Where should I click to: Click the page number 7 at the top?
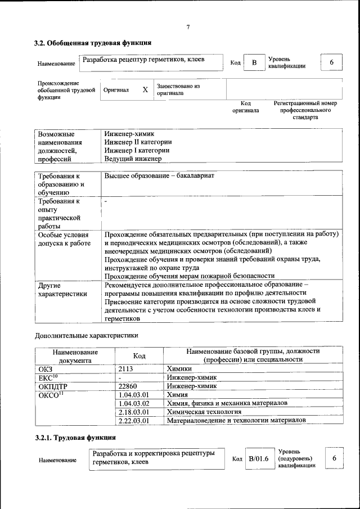pyautogui.click(x=188, y=27)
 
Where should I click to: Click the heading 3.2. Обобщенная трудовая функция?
pyautogui.click(x=92, y=43)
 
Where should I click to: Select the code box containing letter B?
pyautogui.click(x=254, y=62)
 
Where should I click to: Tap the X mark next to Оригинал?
pyautogui.click(x=145, y=89)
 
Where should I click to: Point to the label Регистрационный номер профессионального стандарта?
pyautogui.click(x=305, y=110)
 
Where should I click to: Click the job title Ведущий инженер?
pyautogui.click(x=133, y=159)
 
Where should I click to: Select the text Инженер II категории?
pyautogui.click(x=138, y=142)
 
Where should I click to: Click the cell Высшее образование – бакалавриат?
pyautogui.click(x=159, y=175)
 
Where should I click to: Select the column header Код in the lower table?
pyautogui.click(x=139, y=355)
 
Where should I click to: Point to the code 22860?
pyautogui.click(x=129, y=386)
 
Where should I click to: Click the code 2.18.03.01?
pyautogui.click(x=134, y=412)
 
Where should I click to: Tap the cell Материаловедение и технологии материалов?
pyautogui.click(x=236, y=420)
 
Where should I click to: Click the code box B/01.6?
pyautogui.click(x=259, y=459)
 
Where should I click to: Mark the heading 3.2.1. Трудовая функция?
pyautogui.click(x=75, y=438)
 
